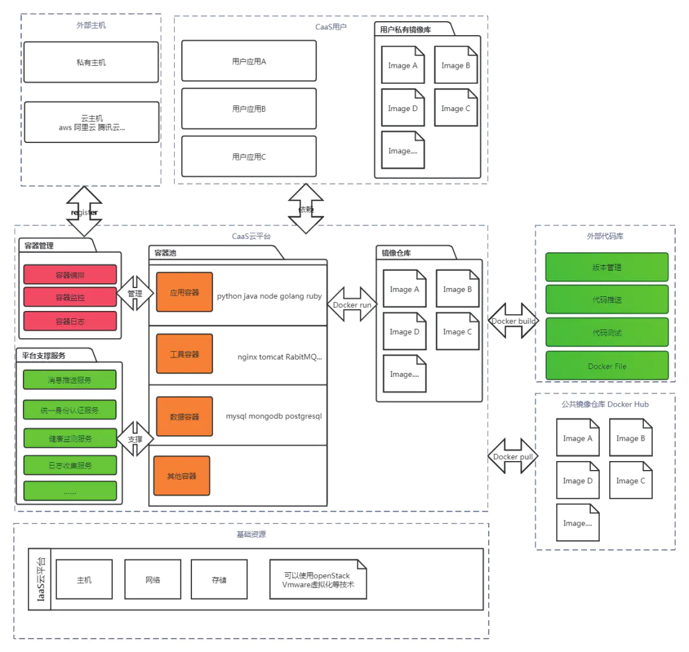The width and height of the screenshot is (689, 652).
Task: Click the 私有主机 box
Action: [91, 63]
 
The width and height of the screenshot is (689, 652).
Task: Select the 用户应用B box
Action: [249, 109]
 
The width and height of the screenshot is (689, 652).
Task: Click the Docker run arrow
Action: [352, 305]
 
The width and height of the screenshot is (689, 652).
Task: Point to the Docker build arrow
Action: [513, 321]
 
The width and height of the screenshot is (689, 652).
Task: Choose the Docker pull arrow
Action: [513, 457]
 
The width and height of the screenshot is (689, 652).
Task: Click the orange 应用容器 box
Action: [184, 292]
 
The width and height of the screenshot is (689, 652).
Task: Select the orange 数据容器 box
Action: [184, 416]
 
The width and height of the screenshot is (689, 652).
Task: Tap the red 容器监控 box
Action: [70, 297]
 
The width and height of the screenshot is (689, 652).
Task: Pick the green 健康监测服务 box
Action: [70, 439]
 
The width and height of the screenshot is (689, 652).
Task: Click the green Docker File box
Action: [607, 366]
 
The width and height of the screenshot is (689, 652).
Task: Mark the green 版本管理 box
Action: [607, 268]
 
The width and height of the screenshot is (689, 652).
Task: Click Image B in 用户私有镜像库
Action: [456, 65]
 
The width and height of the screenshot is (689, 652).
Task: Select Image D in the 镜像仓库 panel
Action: [404, 332]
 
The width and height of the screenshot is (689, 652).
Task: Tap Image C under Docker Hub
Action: [630, 481]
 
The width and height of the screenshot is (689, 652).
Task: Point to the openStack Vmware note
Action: [318, 580]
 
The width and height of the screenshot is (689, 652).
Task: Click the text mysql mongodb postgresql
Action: [274, 416]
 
